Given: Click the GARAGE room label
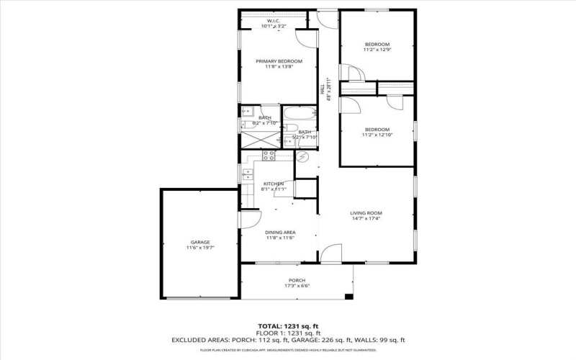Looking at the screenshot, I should [200, 242].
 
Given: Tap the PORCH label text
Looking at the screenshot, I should [297, 280].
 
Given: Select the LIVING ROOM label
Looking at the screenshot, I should [366, 213].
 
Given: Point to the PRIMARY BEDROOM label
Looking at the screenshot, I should [279, 61].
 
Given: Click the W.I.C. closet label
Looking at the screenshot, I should [273, 21].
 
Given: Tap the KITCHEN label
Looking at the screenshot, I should [273, 184].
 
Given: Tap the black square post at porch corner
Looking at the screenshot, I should [349, 297].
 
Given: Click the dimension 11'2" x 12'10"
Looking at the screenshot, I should [377, 135].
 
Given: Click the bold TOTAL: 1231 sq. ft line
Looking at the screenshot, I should [288, 325].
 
